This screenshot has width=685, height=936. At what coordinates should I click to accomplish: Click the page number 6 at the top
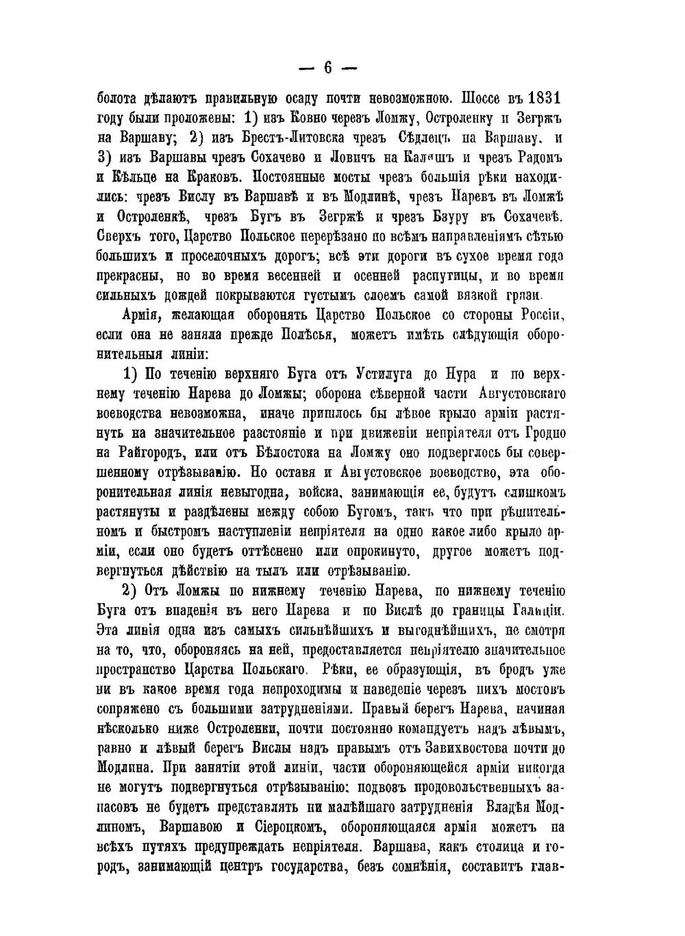[x=327, y=67]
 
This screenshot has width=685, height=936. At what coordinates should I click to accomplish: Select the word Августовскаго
[x=519, y=394]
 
